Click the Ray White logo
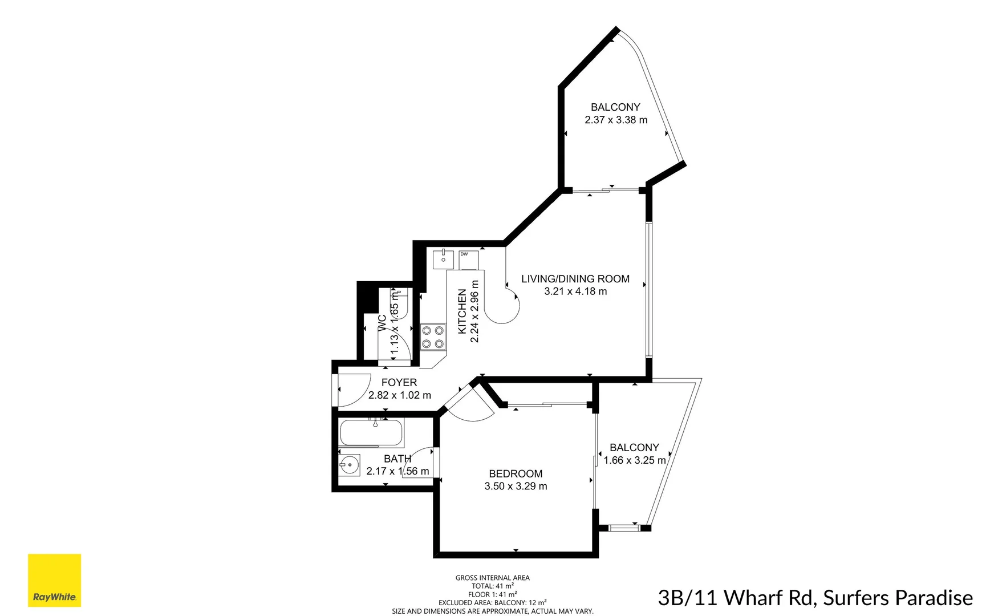[54, 580]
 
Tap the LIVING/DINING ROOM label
[575, 279]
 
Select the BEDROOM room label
[516, 473]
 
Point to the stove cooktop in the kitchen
[433, 337]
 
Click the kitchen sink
[443, 260]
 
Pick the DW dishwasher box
[469, 260]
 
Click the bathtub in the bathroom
[372, 433]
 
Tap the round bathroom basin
[349, 465]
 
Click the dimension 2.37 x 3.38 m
[616, 120]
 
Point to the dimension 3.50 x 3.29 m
[516, 487]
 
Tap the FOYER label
[399, 382]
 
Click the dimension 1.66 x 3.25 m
[634, 460]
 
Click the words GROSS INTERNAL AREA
[492, 578]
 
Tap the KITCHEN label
[462, 311]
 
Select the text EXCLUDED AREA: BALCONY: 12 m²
[492, 602]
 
